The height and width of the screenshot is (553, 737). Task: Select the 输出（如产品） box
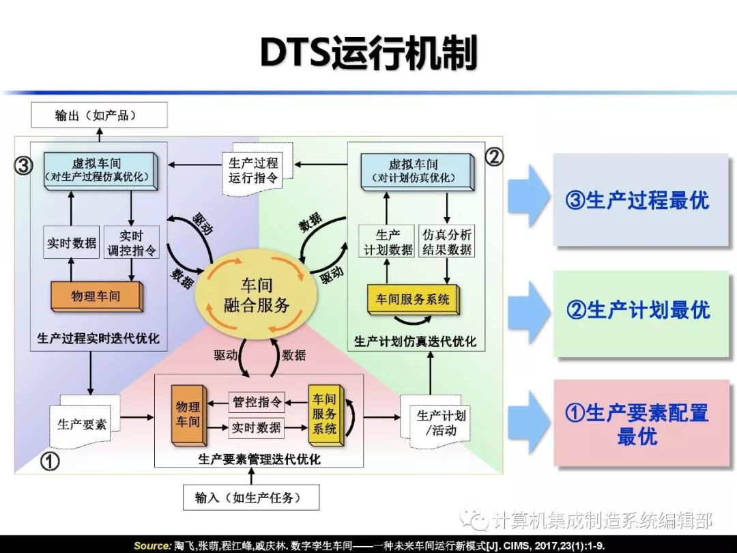pos(98,115)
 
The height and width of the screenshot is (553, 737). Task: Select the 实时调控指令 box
pos(132,242)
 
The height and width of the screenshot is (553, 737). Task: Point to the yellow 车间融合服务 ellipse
pos(256,294)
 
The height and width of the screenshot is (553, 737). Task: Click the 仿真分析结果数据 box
pos(447,242)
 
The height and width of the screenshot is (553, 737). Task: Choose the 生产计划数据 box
pos(388,242)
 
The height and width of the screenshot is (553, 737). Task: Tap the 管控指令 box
pos(257,401)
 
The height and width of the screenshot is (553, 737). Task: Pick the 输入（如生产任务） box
pos(252,498)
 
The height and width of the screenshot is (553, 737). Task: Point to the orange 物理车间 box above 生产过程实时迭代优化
pos(96,296)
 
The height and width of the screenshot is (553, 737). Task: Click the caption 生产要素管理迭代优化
pos(259,459)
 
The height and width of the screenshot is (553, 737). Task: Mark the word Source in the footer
pos(151,545)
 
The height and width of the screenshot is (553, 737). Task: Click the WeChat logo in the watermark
pos(475,521)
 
